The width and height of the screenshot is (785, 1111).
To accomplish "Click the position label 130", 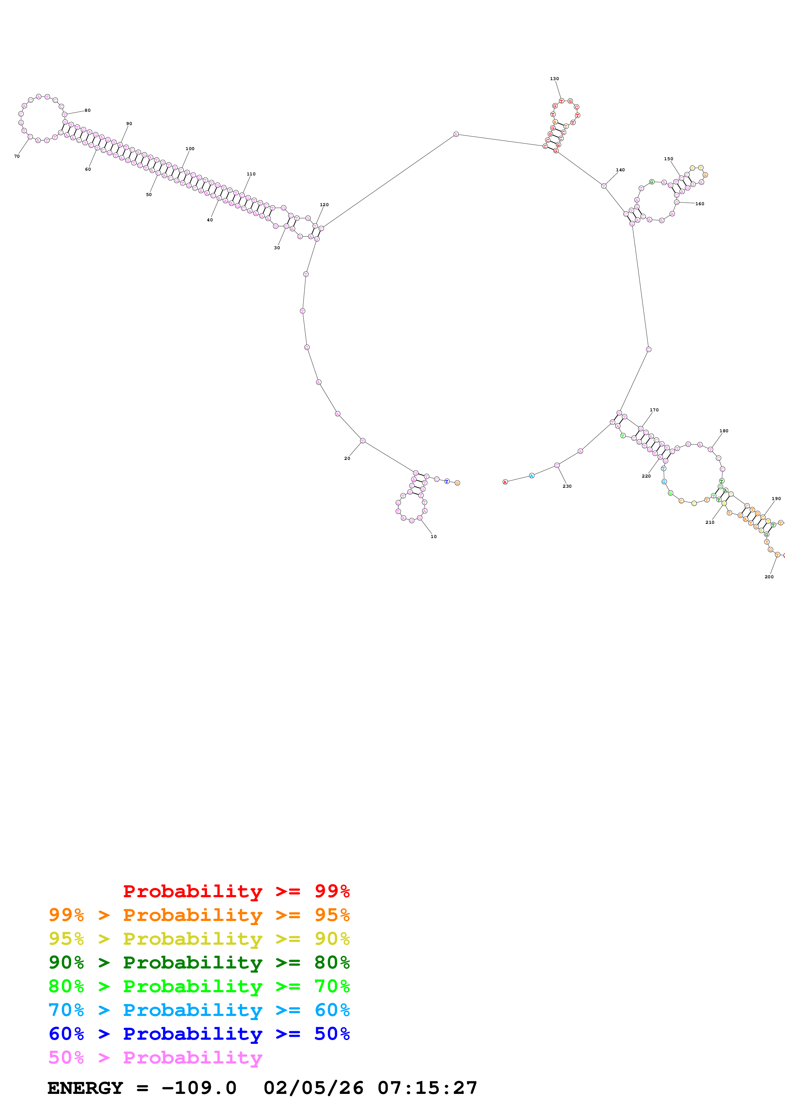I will [x=554, y=79].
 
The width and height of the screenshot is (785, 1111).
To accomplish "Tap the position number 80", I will [x=87, y=110].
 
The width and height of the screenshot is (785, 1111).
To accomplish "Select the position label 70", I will [x=17, y=156].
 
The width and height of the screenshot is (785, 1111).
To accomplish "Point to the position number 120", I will [x=324, y=205].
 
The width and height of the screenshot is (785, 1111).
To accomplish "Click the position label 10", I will [x=434, y=536].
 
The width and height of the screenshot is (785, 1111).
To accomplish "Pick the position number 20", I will [x=347, y=458].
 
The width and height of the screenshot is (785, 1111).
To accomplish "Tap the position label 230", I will [x=567, y=486].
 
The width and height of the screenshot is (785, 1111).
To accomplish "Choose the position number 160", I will [x=700, y=204].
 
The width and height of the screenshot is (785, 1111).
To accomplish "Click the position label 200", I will [x=769, y=577].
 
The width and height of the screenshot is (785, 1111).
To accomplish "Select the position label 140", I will [x=620, y=170].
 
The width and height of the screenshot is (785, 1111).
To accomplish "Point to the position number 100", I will [x=190, y=149].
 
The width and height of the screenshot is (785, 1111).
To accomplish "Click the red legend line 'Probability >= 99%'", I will [x=236, y=891].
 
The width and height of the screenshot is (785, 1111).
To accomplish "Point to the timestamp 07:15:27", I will [x=427, y=1088].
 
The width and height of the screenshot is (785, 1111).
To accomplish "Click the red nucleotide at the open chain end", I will [x=505, y=482].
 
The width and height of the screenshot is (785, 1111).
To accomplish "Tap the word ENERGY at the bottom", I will [x=85, y=1088].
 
